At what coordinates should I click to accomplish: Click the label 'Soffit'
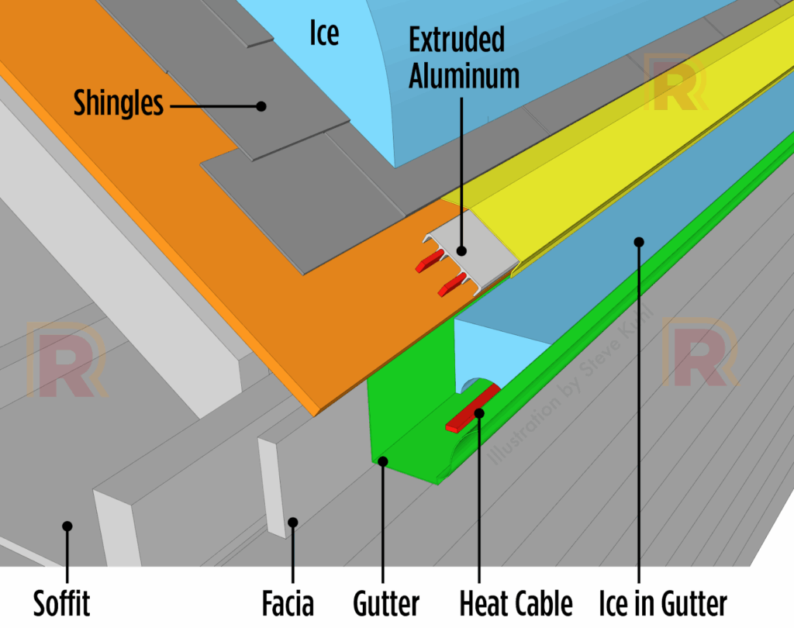click(62, 603)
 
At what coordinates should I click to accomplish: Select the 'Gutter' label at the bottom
click(386, 603)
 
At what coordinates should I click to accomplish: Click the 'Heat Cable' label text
click(516, 603)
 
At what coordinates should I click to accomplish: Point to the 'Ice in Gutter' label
click(663, 603)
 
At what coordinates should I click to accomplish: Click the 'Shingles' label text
click(119, 103)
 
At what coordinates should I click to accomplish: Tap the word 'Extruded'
click(457, 40)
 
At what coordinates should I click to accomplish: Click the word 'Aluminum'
click(464, 75)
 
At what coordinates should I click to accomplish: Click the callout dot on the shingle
click(262, 105)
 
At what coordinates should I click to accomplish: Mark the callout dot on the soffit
click(67, 526)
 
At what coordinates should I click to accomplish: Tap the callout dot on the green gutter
click(382, 462)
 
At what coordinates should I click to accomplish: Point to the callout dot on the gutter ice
click(639, 241)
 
